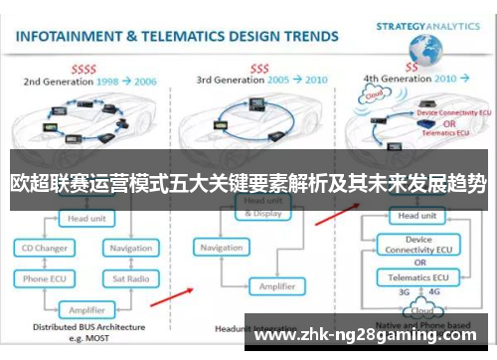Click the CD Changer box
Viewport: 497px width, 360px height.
pyautogui.click(x=47, y=248)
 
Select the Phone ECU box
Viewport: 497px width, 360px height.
pyautogui.click(x=47, y=278)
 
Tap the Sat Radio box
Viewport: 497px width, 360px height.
pyautogui.click(x=129, y=278)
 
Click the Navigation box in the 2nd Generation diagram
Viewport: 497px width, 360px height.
pyautogui.click(x=130, y=248)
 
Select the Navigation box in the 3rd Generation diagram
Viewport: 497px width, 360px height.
pyautogui.click(x=222, y=247)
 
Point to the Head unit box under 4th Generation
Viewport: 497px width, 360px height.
pyautogui.click(x=414, y=215)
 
